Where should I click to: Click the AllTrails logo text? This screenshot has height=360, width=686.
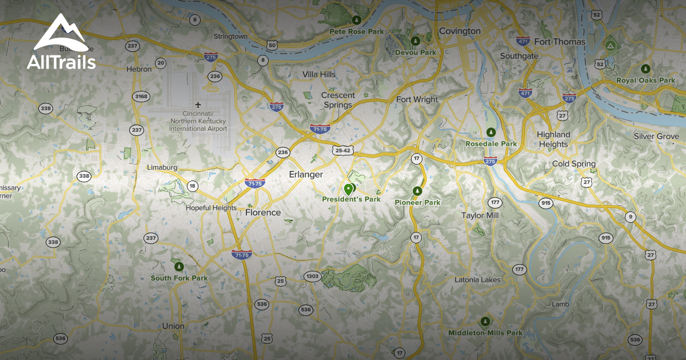pyautogui.click(x=61, y=62)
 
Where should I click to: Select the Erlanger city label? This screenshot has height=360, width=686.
pyautogui.click(x=306, y=174)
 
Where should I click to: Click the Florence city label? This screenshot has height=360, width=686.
pyautogui.click(x=263, y=213)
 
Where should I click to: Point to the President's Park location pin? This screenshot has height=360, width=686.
pyautogui.click(x=349, y=189)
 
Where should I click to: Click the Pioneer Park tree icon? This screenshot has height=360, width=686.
pyautogui.click(x=417, y=191)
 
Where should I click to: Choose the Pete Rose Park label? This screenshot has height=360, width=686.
pyautogui.click(x=357, y=32)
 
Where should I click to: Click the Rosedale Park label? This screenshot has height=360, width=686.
pyautogui.click(x=491, y=143)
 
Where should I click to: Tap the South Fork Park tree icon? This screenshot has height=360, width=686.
pyautogui.click(x=179, y=266)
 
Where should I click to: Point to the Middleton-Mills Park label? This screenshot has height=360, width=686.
pyautogui.click(x=485, y=333)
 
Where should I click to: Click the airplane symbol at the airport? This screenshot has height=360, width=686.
pyautogui.click(x=198, y=105)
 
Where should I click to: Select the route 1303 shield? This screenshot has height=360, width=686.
pyautogui.click(x=312, y=276)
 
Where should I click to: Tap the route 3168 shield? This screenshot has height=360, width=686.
pyautogui.click(x=140, y=96)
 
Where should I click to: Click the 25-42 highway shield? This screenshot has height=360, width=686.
pyautogui.click(x=343, y=150)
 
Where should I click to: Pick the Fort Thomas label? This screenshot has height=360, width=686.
pyautogui.click(x=560, y=42)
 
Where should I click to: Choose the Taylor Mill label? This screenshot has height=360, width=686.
pyautogui.click(x=480, y=215)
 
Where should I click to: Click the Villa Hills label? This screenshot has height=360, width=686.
pyautogui.click(x=319, y=75)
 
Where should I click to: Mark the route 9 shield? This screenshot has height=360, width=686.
pyautogui.click(x=631, y=217)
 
